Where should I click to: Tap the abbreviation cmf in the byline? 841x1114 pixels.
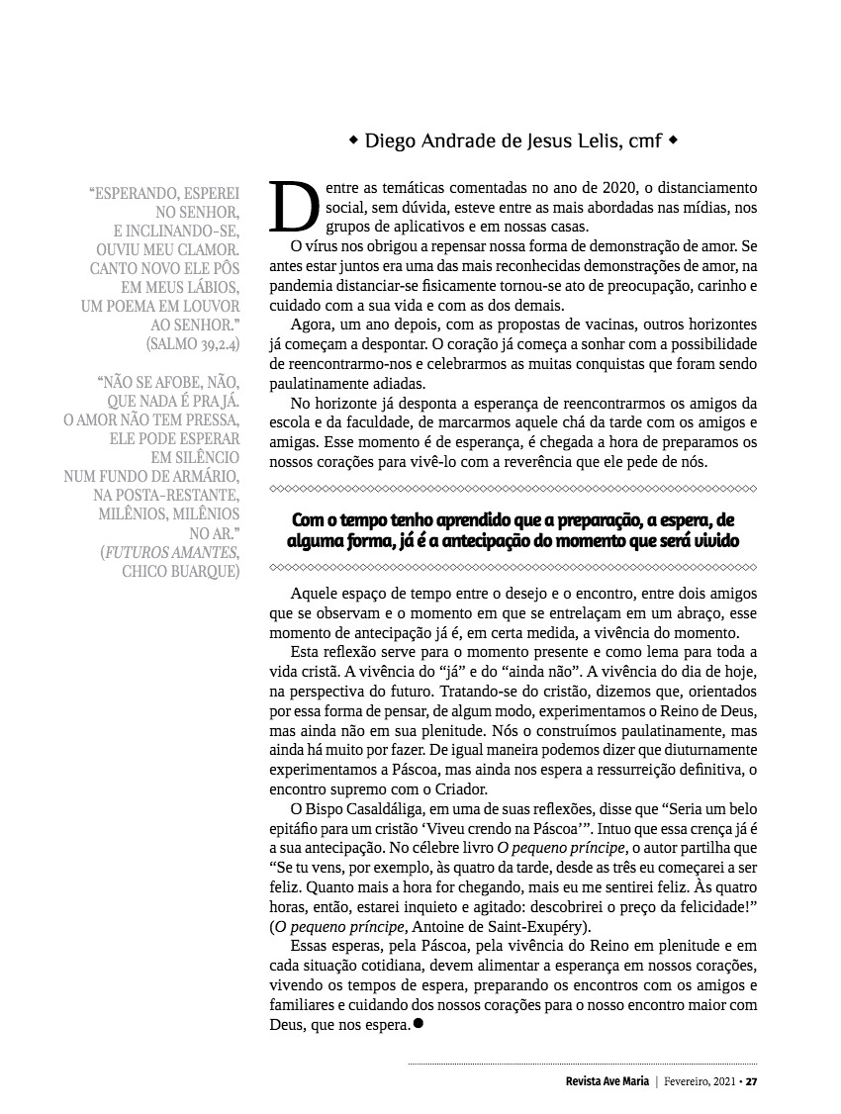point(644,140)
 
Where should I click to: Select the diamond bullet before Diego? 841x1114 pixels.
point(354,140)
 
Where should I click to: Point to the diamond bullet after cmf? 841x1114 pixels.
point(674,140)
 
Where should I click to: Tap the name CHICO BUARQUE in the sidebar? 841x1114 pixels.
point(180,571)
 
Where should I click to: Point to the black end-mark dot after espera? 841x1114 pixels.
point(418,1024)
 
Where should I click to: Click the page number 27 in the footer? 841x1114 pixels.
point(752,1080)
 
